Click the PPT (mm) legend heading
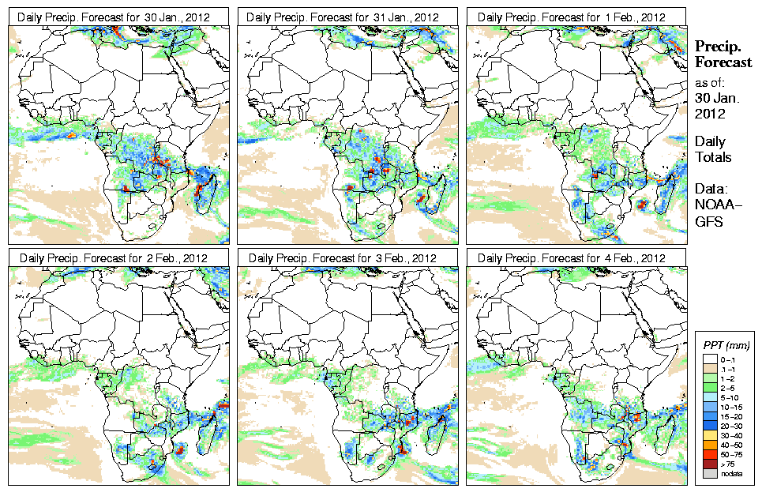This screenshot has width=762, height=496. tap(726, 345)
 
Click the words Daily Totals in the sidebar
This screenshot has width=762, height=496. tap(712, 149)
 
